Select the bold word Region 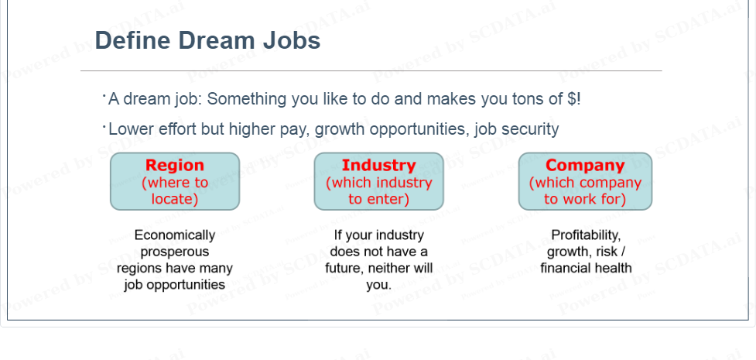(x=175, y=165)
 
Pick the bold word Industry (x=378, y=165)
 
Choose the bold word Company (x=585, y=165)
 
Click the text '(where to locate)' (x=175, y=190)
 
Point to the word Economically (x=175, y=235)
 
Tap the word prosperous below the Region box (x=175, y=252)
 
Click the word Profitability (x=586, y=235)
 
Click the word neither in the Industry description (x=388, y=269)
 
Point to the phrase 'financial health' (x=586, y=268)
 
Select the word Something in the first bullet (x=248, y=99)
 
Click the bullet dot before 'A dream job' (x=104, y=97)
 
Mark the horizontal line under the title (x=371, y=71)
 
